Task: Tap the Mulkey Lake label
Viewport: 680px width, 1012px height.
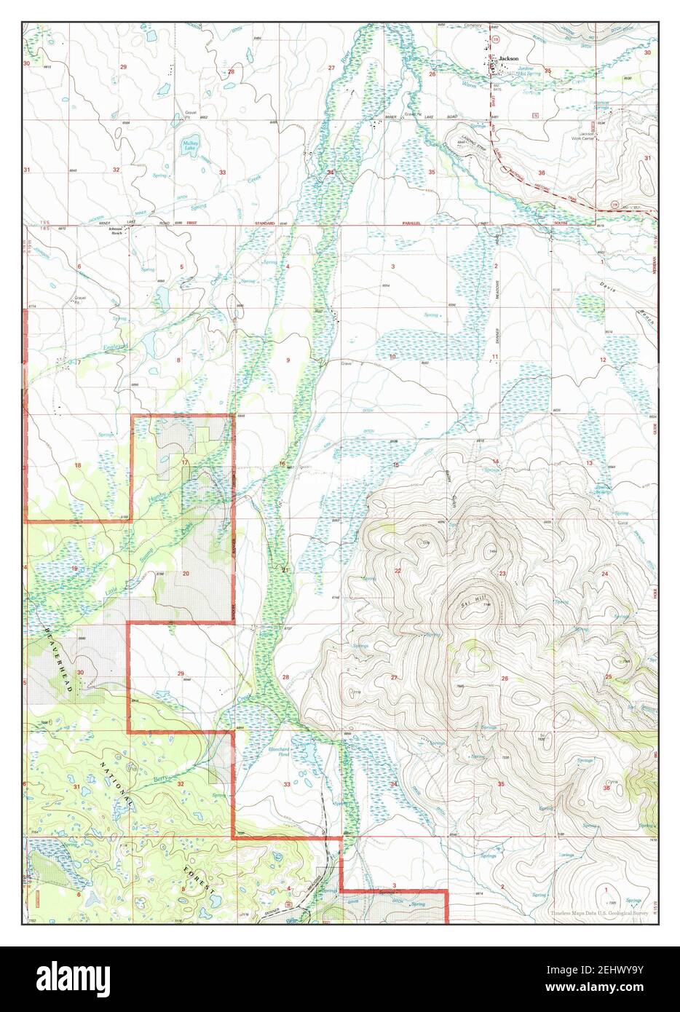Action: tap(190, 146)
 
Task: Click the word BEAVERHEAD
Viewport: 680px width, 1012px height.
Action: tap(58, 659)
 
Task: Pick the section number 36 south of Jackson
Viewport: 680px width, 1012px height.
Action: tap(541, 173)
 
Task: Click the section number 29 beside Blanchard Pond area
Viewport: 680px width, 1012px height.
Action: tap(181, 673)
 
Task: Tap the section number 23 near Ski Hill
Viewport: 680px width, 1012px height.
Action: tap(502, 574)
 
